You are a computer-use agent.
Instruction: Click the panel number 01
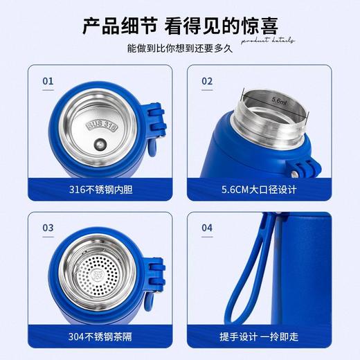pos(48,81)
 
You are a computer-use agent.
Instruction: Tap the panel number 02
pos(207,81)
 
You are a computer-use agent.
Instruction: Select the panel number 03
pos(48,227)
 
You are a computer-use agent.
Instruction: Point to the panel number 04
pos(207,227)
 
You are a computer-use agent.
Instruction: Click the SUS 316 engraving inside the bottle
pos(102,125)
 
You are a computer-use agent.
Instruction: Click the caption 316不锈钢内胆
pos(99,190)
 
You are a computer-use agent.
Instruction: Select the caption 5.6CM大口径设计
pos(259,190)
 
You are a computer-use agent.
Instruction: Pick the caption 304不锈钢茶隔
pos(99,336)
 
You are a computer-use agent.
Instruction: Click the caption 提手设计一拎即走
pos(259,336)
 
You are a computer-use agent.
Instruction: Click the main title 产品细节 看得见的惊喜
pos(180,27)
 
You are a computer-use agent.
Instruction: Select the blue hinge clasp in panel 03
pos(156,277)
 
